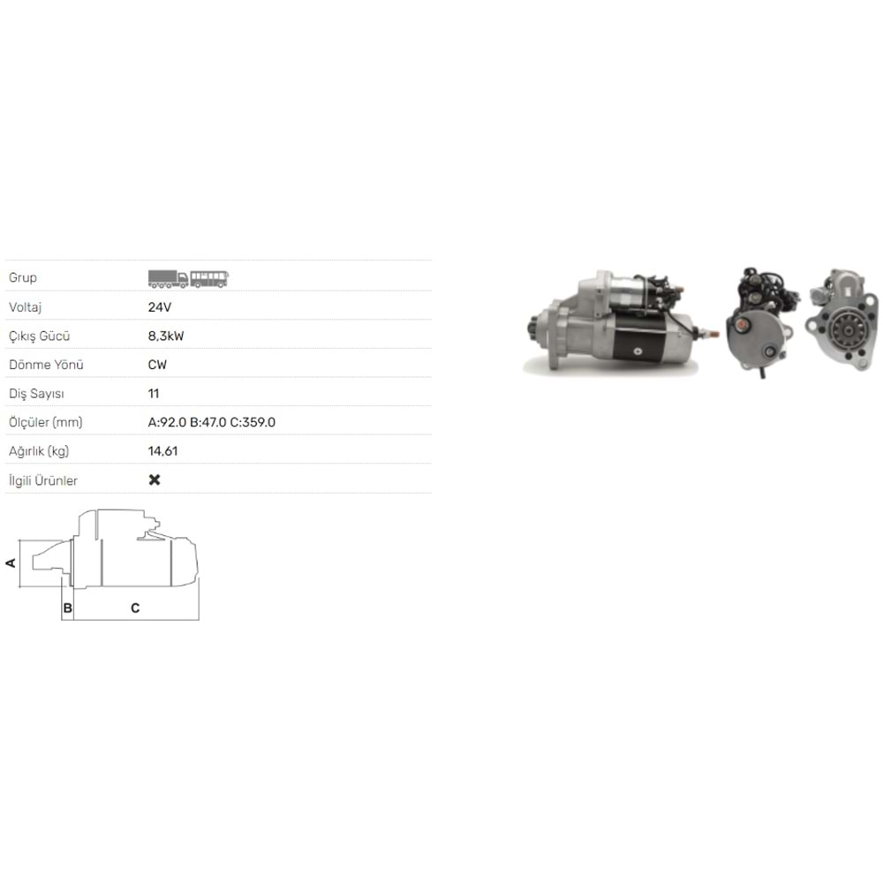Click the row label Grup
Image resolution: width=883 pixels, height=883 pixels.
click(23, 278)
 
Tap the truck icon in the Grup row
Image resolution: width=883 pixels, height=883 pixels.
click(168, 278)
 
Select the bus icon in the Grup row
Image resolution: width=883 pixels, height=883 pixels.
click(210, 278)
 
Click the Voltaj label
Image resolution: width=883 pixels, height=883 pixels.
click(26, 307)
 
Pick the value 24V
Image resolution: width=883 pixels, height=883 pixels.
click(159, 307)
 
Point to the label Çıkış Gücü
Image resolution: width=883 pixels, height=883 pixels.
click(39, 336)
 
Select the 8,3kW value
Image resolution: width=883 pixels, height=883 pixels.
click(166, 336)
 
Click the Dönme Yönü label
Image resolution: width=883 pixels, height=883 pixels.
click(45, 365)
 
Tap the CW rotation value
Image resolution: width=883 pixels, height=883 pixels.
click(157, 365)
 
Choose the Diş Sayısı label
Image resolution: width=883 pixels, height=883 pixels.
click(35, 394)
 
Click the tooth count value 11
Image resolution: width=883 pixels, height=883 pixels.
click(154, 394)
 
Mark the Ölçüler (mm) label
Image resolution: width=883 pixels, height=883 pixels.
click(45, 423)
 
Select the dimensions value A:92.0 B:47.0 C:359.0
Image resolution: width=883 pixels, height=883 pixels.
click(212, 423)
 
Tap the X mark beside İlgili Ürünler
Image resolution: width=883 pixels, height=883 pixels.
click(155, 480)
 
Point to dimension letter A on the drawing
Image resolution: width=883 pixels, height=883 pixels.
click(11, 562)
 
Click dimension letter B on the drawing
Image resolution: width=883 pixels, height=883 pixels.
click(66, 608)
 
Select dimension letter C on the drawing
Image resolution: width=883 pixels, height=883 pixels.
click(135, 608)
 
